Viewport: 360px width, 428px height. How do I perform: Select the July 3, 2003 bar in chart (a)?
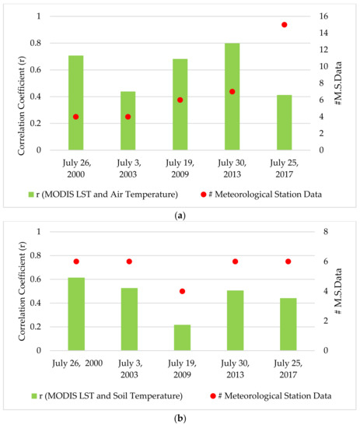(128, 121)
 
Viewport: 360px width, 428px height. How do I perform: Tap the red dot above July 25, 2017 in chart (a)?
(285, 25)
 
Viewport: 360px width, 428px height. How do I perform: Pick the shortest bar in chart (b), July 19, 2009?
(180, 338)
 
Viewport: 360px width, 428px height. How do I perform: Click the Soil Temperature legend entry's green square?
(30, 396)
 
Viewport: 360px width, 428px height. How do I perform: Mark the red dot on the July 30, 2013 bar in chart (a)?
(232, 92)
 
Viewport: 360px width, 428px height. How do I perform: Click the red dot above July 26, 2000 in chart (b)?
(75, 261)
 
